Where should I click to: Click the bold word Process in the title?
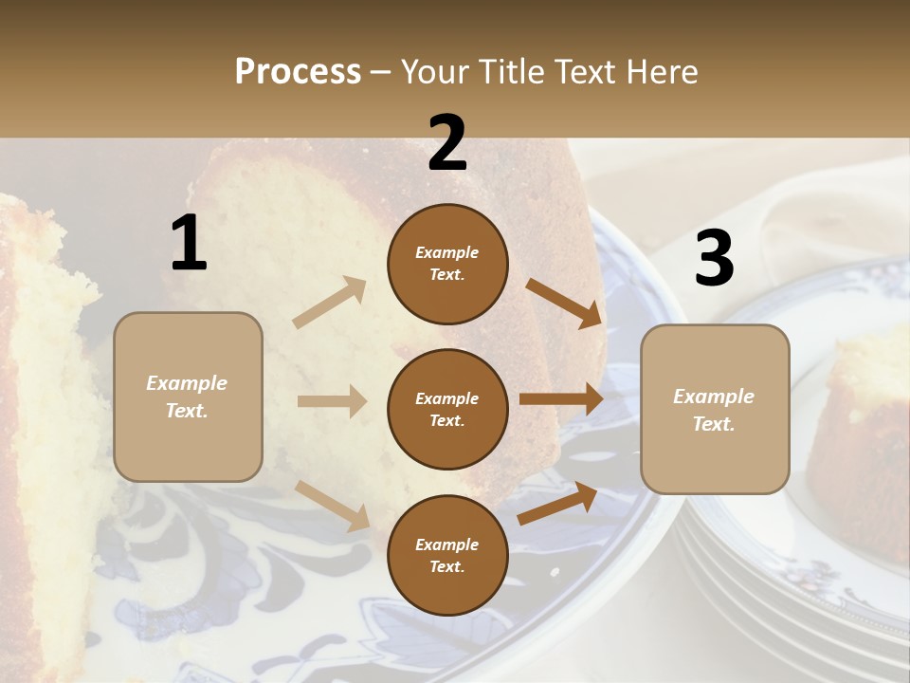pos(298,72)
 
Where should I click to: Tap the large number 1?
pos(189,244)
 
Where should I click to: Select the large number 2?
pos(447,143)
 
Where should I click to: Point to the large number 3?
pos(714,259)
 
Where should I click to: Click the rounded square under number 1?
pos(188,397)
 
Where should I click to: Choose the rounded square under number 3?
pos(715,410)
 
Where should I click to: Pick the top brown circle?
pos(447,264)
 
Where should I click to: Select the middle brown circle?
pos(447,409)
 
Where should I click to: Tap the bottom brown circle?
pos(447,555)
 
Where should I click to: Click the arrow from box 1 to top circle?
pos(329,303)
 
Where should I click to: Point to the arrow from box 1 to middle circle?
pos(331,401)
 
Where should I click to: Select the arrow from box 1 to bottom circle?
pos(332,504)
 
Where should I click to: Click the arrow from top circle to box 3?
pos(563,303)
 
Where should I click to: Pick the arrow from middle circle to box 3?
pos(560,398)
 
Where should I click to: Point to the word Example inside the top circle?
pos(446,252)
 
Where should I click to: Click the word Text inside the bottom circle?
pos(446,566)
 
